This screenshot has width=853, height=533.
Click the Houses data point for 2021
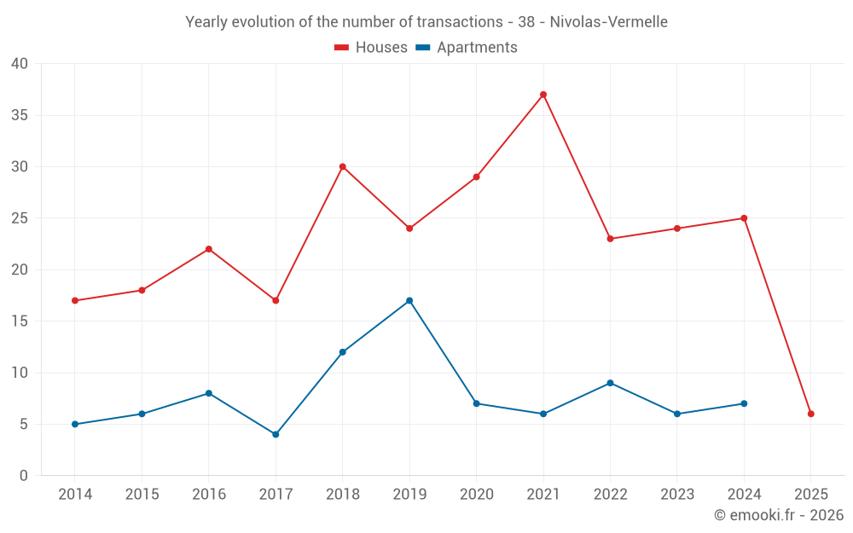coord(543,95)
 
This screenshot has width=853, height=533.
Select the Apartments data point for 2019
coord(409,300)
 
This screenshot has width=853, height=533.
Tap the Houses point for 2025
coord(811,414)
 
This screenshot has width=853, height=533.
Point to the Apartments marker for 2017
coord(276,434)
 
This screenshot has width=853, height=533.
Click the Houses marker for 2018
coord(343,166)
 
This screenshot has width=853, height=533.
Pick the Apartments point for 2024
coord(744,403)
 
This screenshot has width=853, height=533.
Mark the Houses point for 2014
coord(75,300)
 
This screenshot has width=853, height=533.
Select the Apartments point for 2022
coord(610,383)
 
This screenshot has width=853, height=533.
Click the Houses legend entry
coord(371,48)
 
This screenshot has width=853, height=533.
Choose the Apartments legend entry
coord(467,48)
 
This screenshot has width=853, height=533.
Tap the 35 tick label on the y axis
coord(20,115)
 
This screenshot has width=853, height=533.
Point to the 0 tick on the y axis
coord(24,475)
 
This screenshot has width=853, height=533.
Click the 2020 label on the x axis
coord(476,495)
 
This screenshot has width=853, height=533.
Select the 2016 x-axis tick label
coord(209,495)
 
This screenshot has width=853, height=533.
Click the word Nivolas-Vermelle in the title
coord(608,21)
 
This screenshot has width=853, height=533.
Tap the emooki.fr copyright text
coord(779,515)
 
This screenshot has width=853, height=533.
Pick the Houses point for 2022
coord(610,239)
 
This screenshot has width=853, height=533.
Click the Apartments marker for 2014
coord(75,424)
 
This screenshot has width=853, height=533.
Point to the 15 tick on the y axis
coord(20,321)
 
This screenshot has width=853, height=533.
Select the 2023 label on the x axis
coord(677,495)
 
